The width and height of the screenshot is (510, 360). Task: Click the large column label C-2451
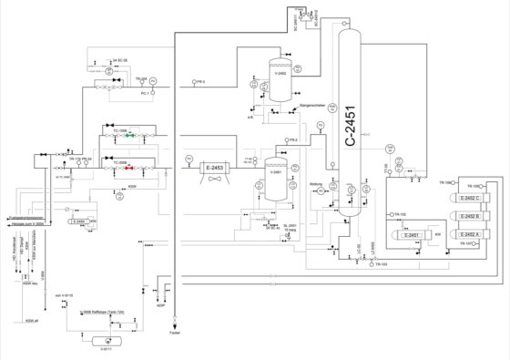[x=353, y=128]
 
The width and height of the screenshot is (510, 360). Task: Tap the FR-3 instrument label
[x=201, y=82]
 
